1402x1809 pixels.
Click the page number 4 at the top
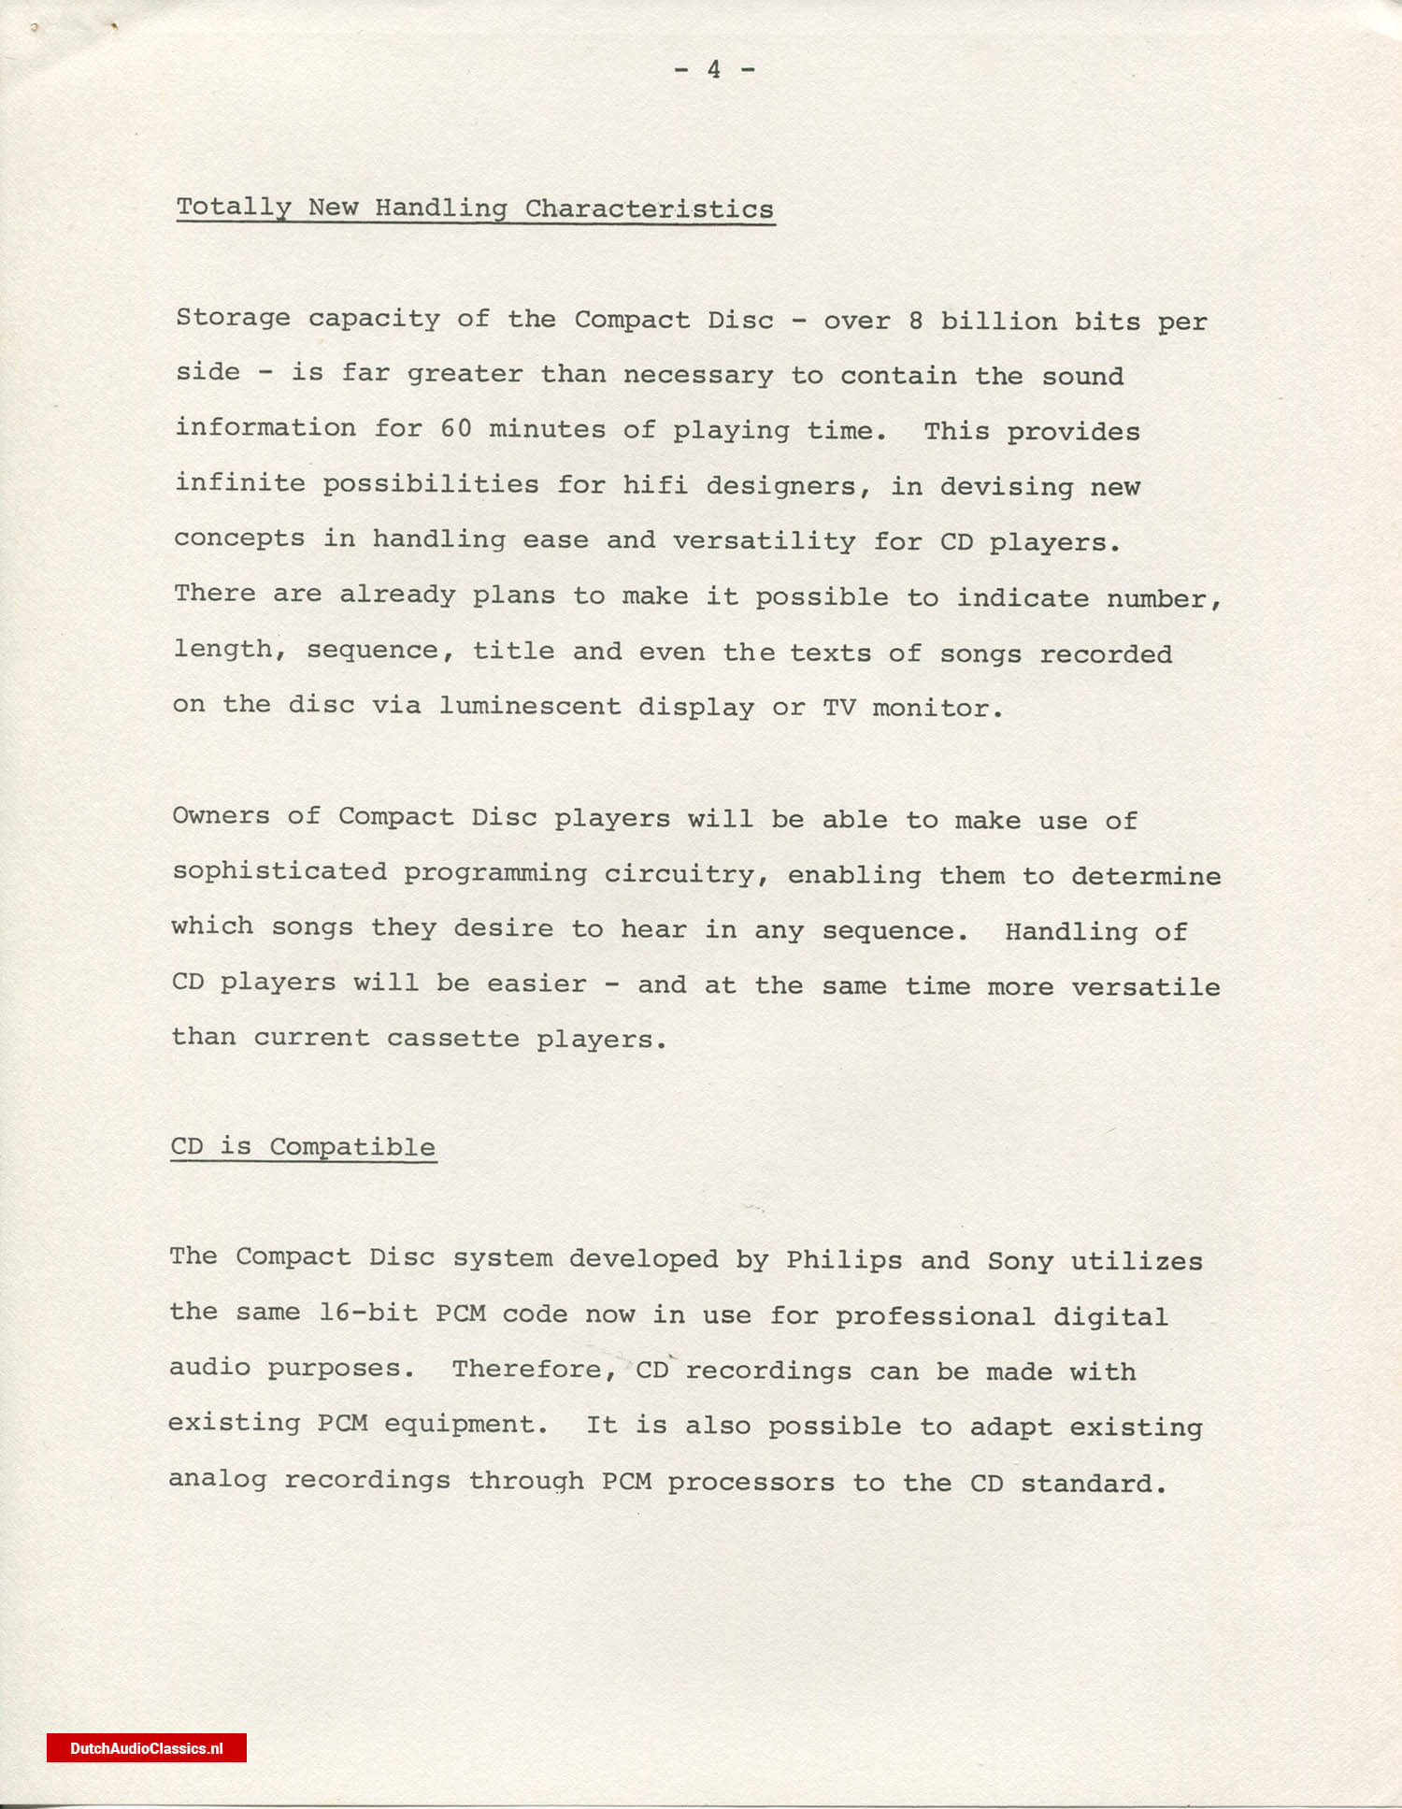pyautogui.click(x=714, y=69)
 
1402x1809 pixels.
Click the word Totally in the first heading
pyautogui.click(x=234, y=208)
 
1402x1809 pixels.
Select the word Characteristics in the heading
pyautogui.click(x=649, y=209)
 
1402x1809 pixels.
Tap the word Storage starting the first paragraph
pyautogui.click(x=233, y=318)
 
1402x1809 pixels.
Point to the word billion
pyautogui.click(x=998, y=322)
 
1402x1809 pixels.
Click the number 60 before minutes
pyautogui.click(x=456, y=428)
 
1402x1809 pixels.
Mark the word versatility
pyautogui.click(x=764, y=540)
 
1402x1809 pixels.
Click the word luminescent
pyautogui.click(x=530, y=706)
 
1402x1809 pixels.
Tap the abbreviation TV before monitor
pyautogui.click(x=838, y=708)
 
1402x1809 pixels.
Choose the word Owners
pyautogui.click(x=221, y=815)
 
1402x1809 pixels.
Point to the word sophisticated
pyautogui.click(x=279, y=871)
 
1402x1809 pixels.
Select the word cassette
pyautogui.click(x=452, y=1039)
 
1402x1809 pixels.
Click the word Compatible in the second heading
pyautogui.click(x=352, y=1147)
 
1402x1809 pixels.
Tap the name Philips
pyautogui.click(x=844, y=1259)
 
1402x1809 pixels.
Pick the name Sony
pyautogui.click(x=1020, y=1260)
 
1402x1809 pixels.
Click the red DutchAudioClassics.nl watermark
pyautogui.click(x=147, y=1748)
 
